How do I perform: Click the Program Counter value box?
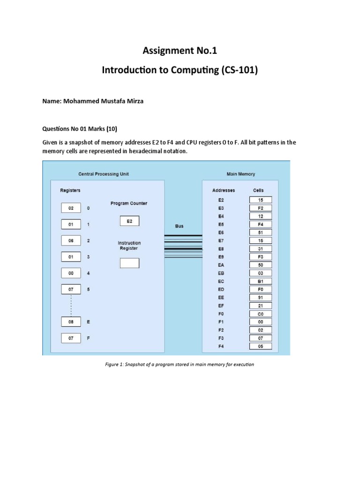click(129, 221)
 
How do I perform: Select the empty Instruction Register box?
click(129, 263)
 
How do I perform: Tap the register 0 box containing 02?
click(71, 208)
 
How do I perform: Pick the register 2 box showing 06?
click(71, 240)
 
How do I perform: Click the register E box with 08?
click(71, 322)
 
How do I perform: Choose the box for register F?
click(71, 337)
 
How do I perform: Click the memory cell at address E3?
click(260, 208)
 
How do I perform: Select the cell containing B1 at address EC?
click(260, 281)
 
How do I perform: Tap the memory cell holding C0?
click(260, 314)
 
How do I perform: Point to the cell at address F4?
click(260, 346)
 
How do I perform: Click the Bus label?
click(180, 226)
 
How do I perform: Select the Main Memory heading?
click(241, 174)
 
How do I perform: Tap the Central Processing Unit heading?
click(104, 174)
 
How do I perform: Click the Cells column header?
click(258, 190)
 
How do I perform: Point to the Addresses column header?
click(224, 190)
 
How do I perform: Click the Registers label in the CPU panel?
click(70, 190)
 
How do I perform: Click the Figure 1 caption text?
click(179, 364)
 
